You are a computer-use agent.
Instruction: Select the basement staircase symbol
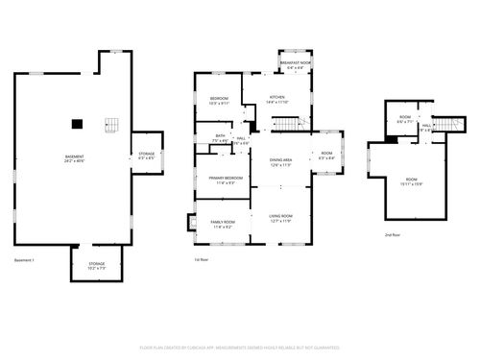112,126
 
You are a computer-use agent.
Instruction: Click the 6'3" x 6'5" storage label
147,156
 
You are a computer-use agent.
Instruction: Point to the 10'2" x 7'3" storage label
98,265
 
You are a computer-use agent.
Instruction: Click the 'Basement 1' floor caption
24,260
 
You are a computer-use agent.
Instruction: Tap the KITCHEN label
277,98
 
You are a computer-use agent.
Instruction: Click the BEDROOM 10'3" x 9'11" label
219,101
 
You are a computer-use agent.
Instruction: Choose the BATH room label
220,138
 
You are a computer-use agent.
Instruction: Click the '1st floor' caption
202,260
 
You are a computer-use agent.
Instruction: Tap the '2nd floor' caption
392,235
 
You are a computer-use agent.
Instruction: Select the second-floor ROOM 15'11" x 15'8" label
411,181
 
